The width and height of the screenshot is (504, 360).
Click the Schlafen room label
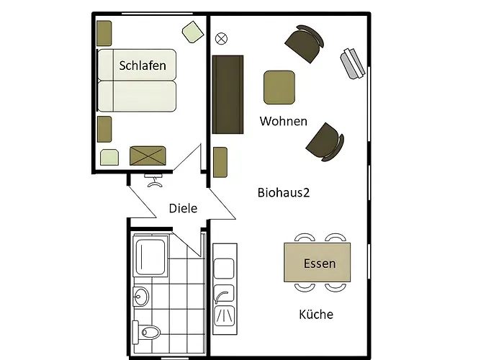[143, 66]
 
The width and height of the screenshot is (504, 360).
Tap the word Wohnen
[284, 121]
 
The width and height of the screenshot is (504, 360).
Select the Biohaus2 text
[284, 192]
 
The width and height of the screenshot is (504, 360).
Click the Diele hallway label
[183, 208]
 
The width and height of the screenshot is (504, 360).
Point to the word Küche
[316, 314]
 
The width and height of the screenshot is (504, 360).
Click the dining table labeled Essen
[318, 263]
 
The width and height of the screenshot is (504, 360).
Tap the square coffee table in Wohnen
[279, 87]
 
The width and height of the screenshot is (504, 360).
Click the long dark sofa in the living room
[228, 94]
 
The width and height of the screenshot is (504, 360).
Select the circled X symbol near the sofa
[221, 38]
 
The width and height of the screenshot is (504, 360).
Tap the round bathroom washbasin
[140, 295]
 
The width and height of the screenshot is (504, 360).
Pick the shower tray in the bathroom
[151, 256]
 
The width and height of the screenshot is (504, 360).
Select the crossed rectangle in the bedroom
[148, 155]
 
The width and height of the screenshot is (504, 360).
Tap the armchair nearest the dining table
[324, 141]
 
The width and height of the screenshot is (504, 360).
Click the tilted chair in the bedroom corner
[192, 32]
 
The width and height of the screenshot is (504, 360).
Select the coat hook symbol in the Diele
[153, 180]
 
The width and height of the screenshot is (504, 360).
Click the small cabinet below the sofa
[220, 162]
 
